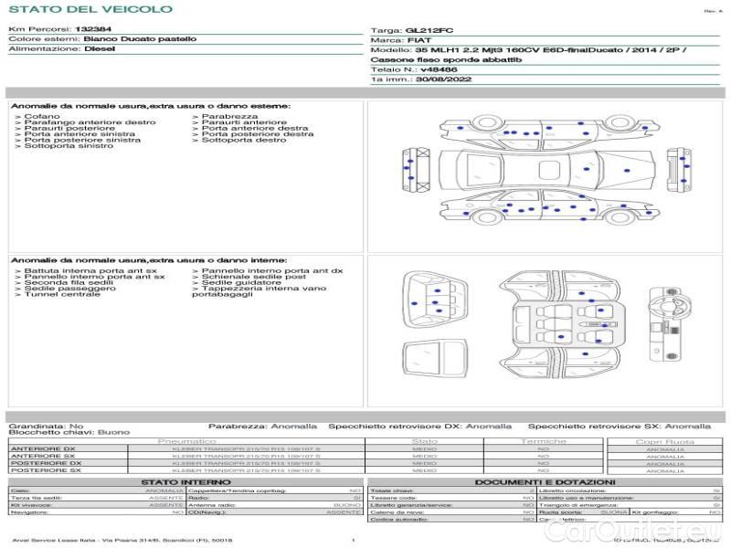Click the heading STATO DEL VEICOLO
[90, 9]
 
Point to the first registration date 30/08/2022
[439, 80]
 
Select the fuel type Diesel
[100, 49]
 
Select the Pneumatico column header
[186, 441]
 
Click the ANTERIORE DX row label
[43, 449]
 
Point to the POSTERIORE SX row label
[45, 470]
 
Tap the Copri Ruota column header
[664, 441]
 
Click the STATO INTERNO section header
[185, 482]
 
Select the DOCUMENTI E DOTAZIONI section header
[545, 482]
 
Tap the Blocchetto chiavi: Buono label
[69, 432]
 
